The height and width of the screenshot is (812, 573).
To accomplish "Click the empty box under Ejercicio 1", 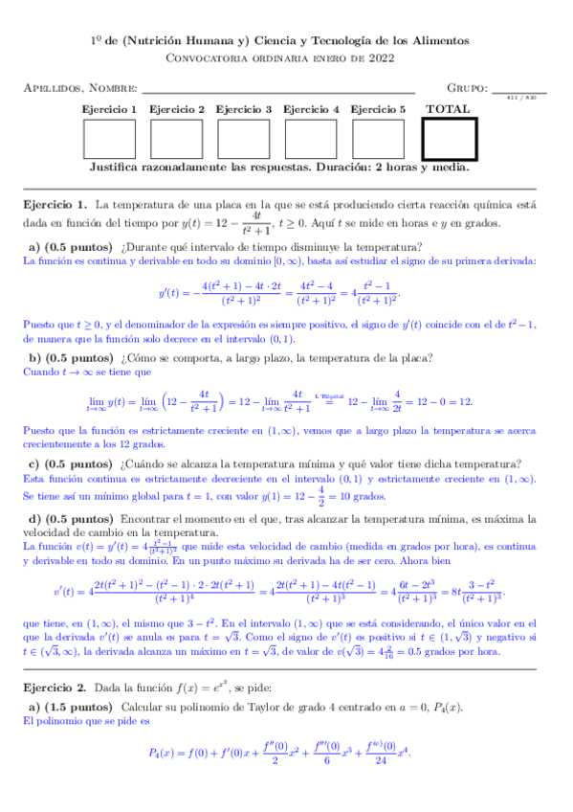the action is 110,139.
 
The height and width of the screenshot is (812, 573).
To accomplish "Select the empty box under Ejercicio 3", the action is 244,139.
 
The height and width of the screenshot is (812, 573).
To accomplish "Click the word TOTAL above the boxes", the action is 448,109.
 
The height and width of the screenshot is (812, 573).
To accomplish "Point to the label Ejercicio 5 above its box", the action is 378,109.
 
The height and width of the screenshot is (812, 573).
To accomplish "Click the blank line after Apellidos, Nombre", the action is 277,91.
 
